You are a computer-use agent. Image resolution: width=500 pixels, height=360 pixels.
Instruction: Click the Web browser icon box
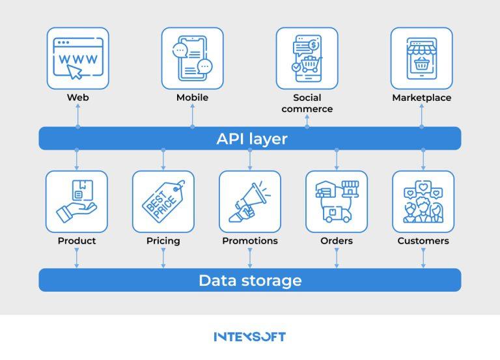coord(77,58)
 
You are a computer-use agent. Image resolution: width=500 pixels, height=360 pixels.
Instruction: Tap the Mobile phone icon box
coord(192,58)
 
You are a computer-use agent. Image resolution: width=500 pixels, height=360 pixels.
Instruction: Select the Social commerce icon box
coord(307,58)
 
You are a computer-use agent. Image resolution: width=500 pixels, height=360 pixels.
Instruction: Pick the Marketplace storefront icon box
coord(421,58)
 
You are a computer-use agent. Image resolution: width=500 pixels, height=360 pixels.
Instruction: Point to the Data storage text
coord(250,281)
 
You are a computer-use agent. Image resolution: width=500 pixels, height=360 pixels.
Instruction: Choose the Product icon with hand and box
coord(77,201)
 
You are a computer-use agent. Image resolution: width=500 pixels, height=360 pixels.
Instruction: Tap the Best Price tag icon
coord(163,201)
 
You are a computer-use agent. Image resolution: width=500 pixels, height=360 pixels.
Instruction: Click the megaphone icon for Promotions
coord(250,201)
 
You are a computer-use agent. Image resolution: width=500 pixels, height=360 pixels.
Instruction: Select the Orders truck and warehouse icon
coord(337,201)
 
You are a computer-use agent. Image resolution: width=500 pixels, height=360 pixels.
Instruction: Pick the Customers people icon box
coord(423,201)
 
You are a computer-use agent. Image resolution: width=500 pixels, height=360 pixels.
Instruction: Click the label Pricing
coord(163,241)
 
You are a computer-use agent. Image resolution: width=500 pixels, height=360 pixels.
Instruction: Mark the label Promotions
coord(250,241)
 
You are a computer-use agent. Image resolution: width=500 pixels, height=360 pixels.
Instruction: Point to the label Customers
coord(423,241)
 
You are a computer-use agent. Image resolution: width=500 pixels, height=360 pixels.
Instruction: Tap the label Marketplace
coord(421,98)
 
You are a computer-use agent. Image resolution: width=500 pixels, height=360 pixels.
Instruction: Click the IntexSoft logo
coord(250,337)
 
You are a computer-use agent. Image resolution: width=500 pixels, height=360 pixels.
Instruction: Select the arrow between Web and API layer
coord(77,115)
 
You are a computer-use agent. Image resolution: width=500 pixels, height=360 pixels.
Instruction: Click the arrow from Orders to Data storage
coord(337,257)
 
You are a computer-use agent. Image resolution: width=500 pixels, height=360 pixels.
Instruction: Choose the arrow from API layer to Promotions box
coord(250,159)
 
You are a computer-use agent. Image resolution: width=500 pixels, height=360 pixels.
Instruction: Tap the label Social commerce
coord(307,103)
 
